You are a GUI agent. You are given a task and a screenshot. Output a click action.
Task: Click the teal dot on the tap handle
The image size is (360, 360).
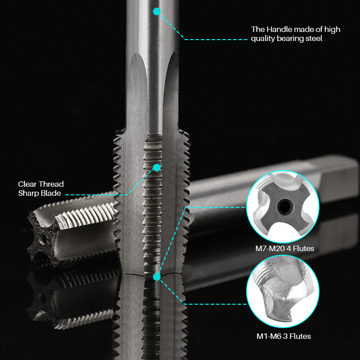[x=156, y=11]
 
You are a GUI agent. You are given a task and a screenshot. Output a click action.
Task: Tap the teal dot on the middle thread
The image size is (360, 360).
[x=157, y=167]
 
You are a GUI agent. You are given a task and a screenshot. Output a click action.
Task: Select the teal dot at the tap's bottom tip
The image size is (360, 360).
[x=157, y=277]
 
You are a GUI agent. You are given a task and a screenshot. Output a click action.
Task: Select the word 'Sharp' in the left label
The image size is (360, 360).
[x=28, y=193]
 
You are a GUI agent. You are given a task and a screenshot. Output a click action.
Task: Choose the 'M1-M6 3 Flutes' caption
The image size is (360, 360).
[x=283, y=336]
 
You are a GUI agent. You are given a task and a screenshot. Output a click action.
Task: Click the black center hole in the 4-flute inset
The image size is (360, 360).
[x=283, y=207]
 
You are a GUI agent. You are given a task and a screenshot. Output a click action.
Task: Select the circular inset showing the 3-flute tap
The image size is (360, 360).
[x=283, y=292]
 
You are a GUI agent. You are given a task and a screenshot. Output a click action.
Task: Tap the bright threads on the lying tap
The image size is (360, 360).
[x=85, y=216]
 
